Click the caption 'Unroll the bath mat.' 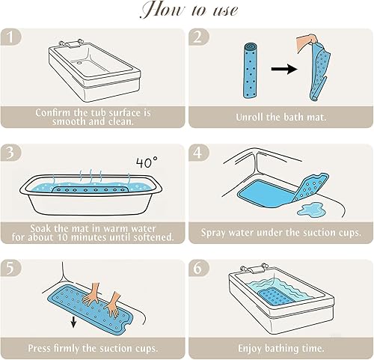[280, 118]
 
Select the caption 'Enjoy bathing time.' [280, 348]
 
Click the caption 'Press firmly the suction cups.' [93, 348]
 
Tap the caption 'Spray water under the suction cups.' [280, 233]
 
